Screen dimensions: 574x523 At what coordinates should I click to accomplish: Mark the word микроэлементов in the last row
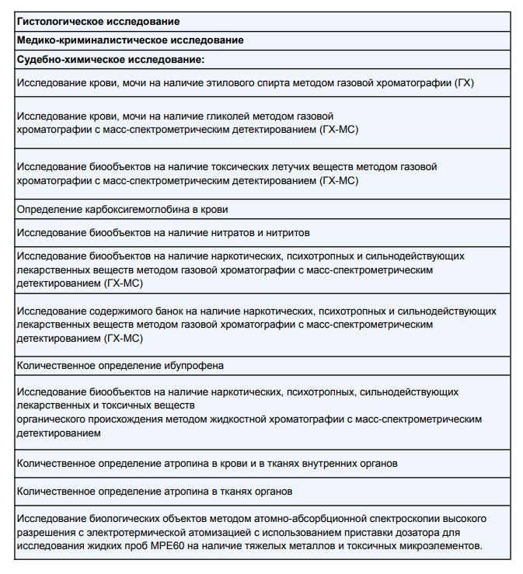pos(440,546)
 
